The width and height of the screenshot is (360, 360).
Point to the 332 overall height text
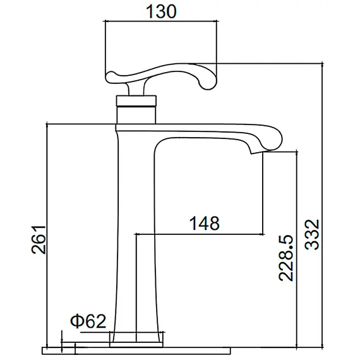point(314,234)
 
